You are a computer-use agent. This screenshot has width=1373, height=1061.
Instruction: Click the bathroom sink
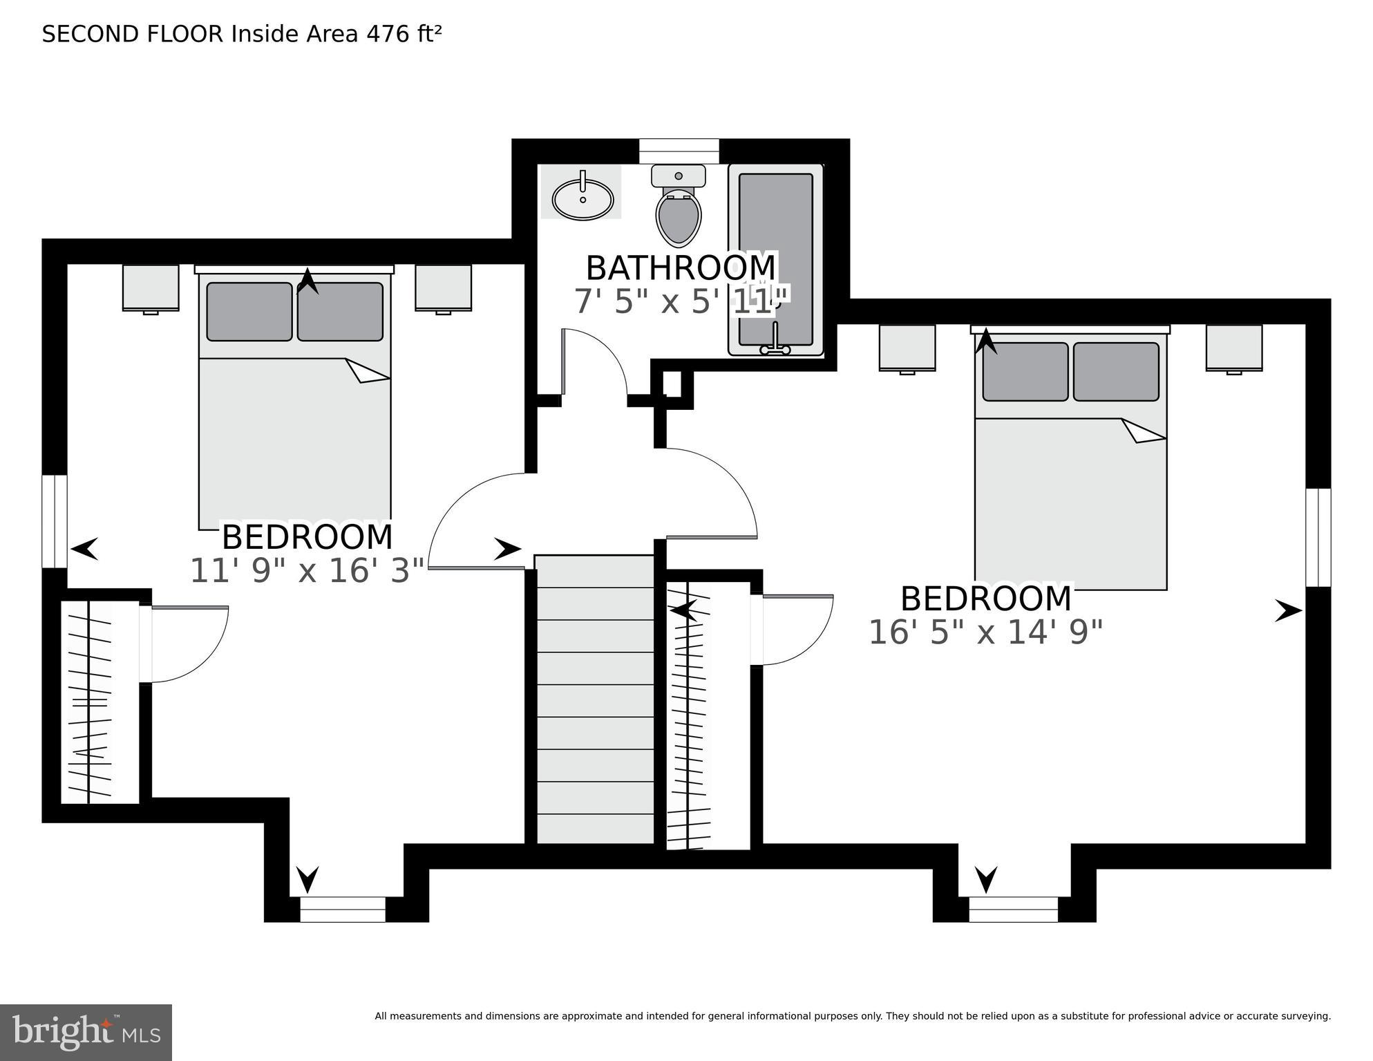coord(583,198)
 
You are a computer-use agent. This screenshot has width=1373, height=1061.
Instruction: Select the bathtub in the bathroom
coord(775,259)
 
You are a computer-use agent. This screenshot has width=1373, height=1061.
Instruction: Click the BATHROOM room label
coord(681,268)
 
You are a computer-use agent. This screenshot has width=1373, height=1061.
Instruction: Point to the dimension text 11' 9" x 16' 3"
coord(307,571)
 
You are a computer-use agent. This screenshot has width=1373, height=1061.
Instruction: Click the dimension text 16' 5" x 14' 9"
coord(985,632)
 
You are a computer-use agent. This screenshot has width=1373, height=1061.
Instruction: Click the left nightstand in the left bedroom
coord(151,288)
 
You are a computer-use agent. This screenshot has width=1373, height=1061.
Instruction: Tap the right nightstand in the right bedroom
coord(1234,348)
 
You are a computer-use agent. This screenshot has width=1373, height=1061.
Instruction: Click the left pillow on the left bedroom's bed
coord(249,311)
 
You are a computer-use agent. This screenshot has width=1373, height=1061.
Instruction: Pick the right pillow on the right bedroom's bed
coord(1116,372)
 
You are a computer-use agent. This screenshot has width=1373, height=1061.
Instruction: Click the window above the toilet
coord(679,151)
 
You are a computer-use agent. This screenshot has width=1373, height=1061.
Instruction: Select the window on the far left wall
coord(55,521)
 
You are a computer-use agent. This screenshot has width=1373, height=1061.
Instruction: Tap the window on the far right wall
coord(1318,537)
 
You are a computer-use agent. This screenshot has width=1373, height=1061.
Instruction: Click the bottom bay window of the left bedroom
coord(342,909)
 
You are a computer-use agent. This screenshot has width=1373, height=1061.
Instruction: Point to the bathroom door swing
coord(594,363)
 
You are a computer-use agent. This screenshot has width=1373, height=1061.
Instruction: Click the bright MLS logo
coord(86,1032)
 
